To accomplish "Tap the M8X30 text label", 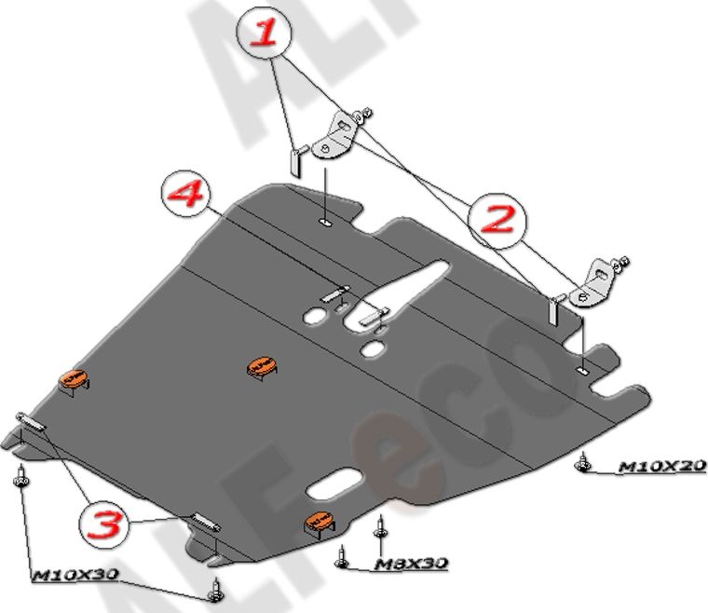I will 412,564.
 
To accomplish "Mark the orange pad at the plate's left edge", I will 75,379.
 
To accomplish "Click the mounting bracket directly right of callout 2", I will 596,281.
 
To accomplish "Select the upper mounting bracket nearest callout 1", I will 337,138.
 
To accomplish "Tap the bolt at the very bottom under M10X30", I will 216,588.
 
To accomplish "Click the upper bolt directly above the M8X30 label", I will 379,528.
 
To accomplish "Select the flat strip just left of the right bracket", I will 552,310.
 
